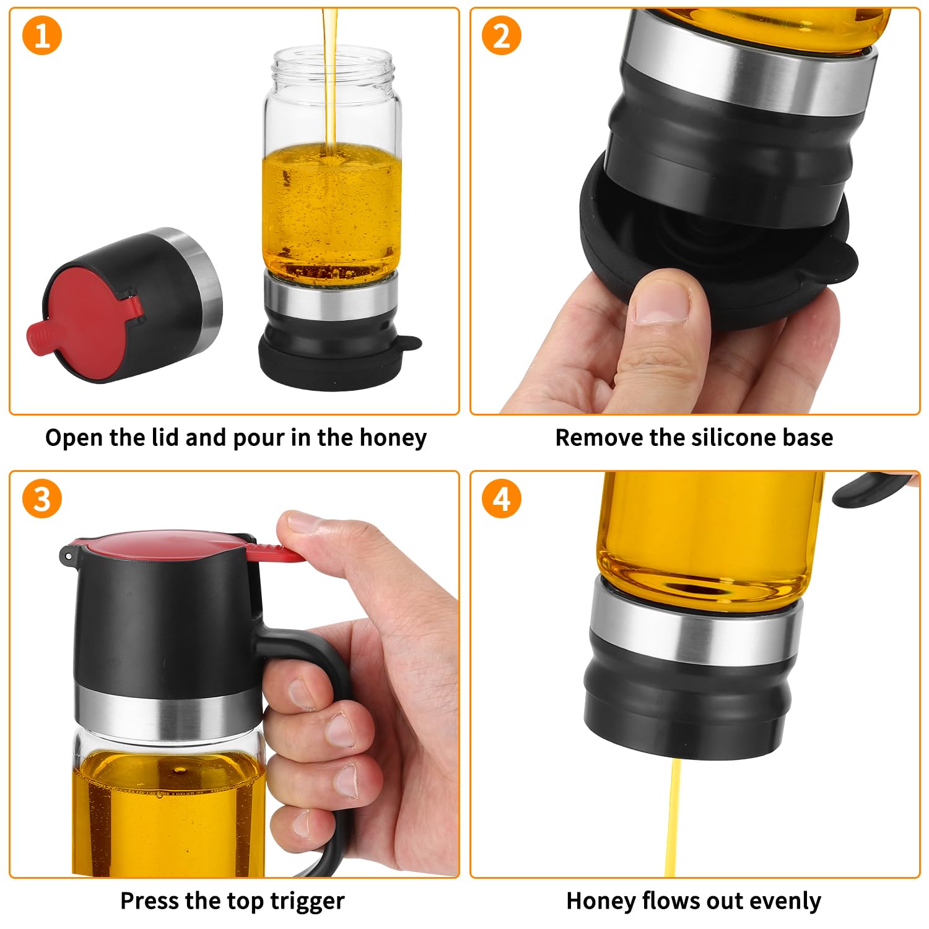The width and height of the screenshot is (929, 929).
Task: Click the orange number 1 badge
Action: click(x=42, y=35)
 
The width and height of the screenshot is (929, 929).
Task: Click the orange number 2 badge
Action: click(x=502, y=35)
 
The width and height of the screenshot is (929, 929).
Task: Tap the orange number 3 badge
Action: click(x=42, y=499)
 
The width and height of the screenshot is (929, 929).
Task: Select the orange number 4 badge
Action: click(x=502, y=499)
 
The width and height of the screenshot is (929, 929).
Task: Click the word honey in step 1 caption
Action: click(x=393, y=438)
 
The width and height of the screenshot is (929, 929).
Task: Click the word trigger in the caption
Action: click(x=308, y=902)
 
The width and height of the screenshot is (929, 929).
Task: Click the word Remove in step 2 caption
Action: click(x=590, y=438)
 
